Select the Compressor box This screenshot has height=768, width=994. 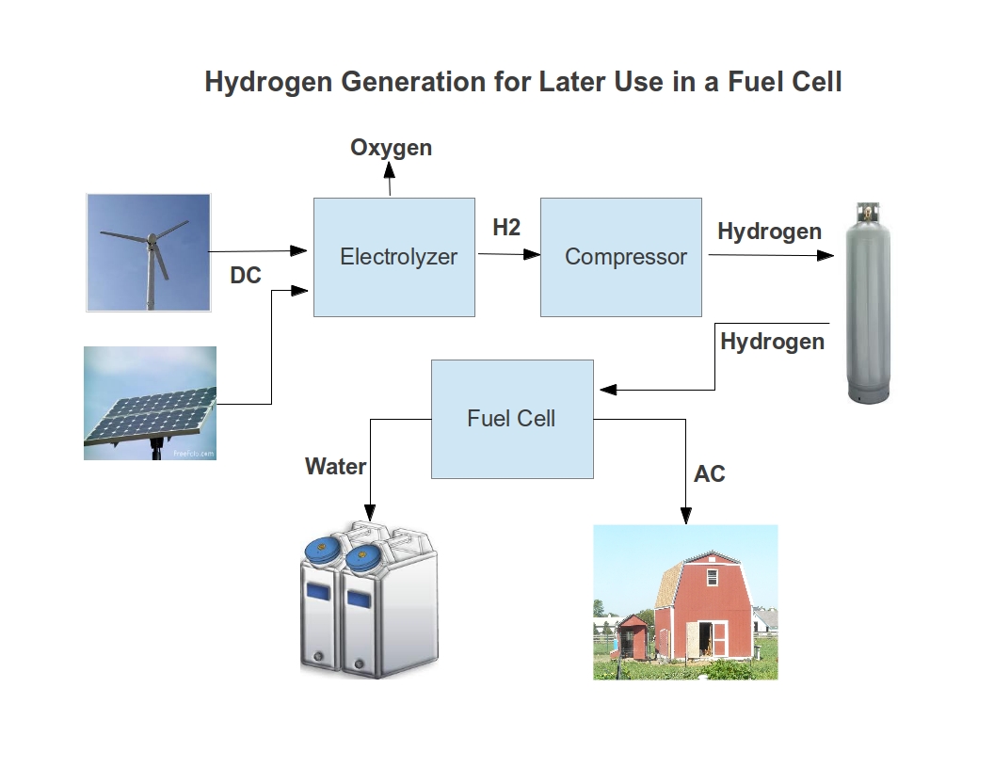click(620, 257)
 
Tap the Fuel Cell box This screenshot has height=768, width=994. click(512, 419)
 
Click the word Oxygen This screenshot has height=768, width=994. click(391, 148)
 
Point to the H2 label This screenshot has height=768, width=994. click(506, 228)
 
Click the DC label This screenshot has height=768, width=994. click(246, 277)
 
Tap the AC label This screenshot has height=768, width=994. click(710, 474)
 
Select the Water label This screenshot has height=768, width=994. click(335, 466)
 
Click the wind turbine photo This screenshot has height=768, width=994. click(148, 252)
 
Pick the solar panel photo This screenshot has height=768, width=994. click(150, 403)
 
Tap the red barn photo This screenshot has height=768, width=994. click(685, 602)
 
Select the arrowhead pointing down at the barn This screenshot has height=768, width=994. click(686, 516)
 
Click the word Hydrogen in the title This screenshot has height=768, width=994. click(268, 82)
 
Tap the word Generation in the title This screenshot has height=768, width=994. click(413, 82)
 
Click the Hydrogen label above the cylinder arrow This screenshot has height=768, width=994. click(769, 232)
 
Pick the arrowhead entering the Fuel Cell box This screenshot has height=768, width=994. click(602, 389)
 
